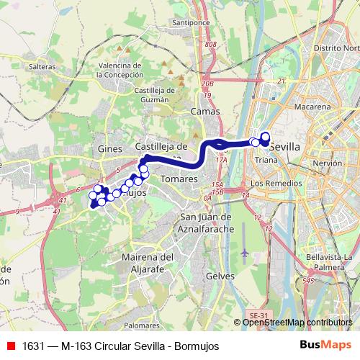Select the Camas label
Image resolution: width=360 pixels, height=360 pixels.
205,112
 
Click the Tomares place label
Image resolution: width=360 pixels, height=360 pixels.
174,177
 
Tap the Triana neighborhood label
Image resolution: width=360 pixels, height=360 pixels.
266,160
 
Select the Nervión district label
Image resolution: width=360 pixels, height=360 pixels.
328,163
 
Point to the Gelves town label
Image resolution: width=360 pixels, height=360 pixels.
217,276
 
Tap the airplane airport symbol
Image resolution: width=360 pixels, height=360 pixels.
246,253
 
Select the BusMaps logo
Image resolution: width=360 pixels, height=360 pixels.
327,346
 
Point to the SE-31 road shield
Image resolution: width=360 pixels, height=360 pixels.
257,315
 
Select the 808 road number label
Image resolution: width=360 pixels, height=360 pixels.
210,45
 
